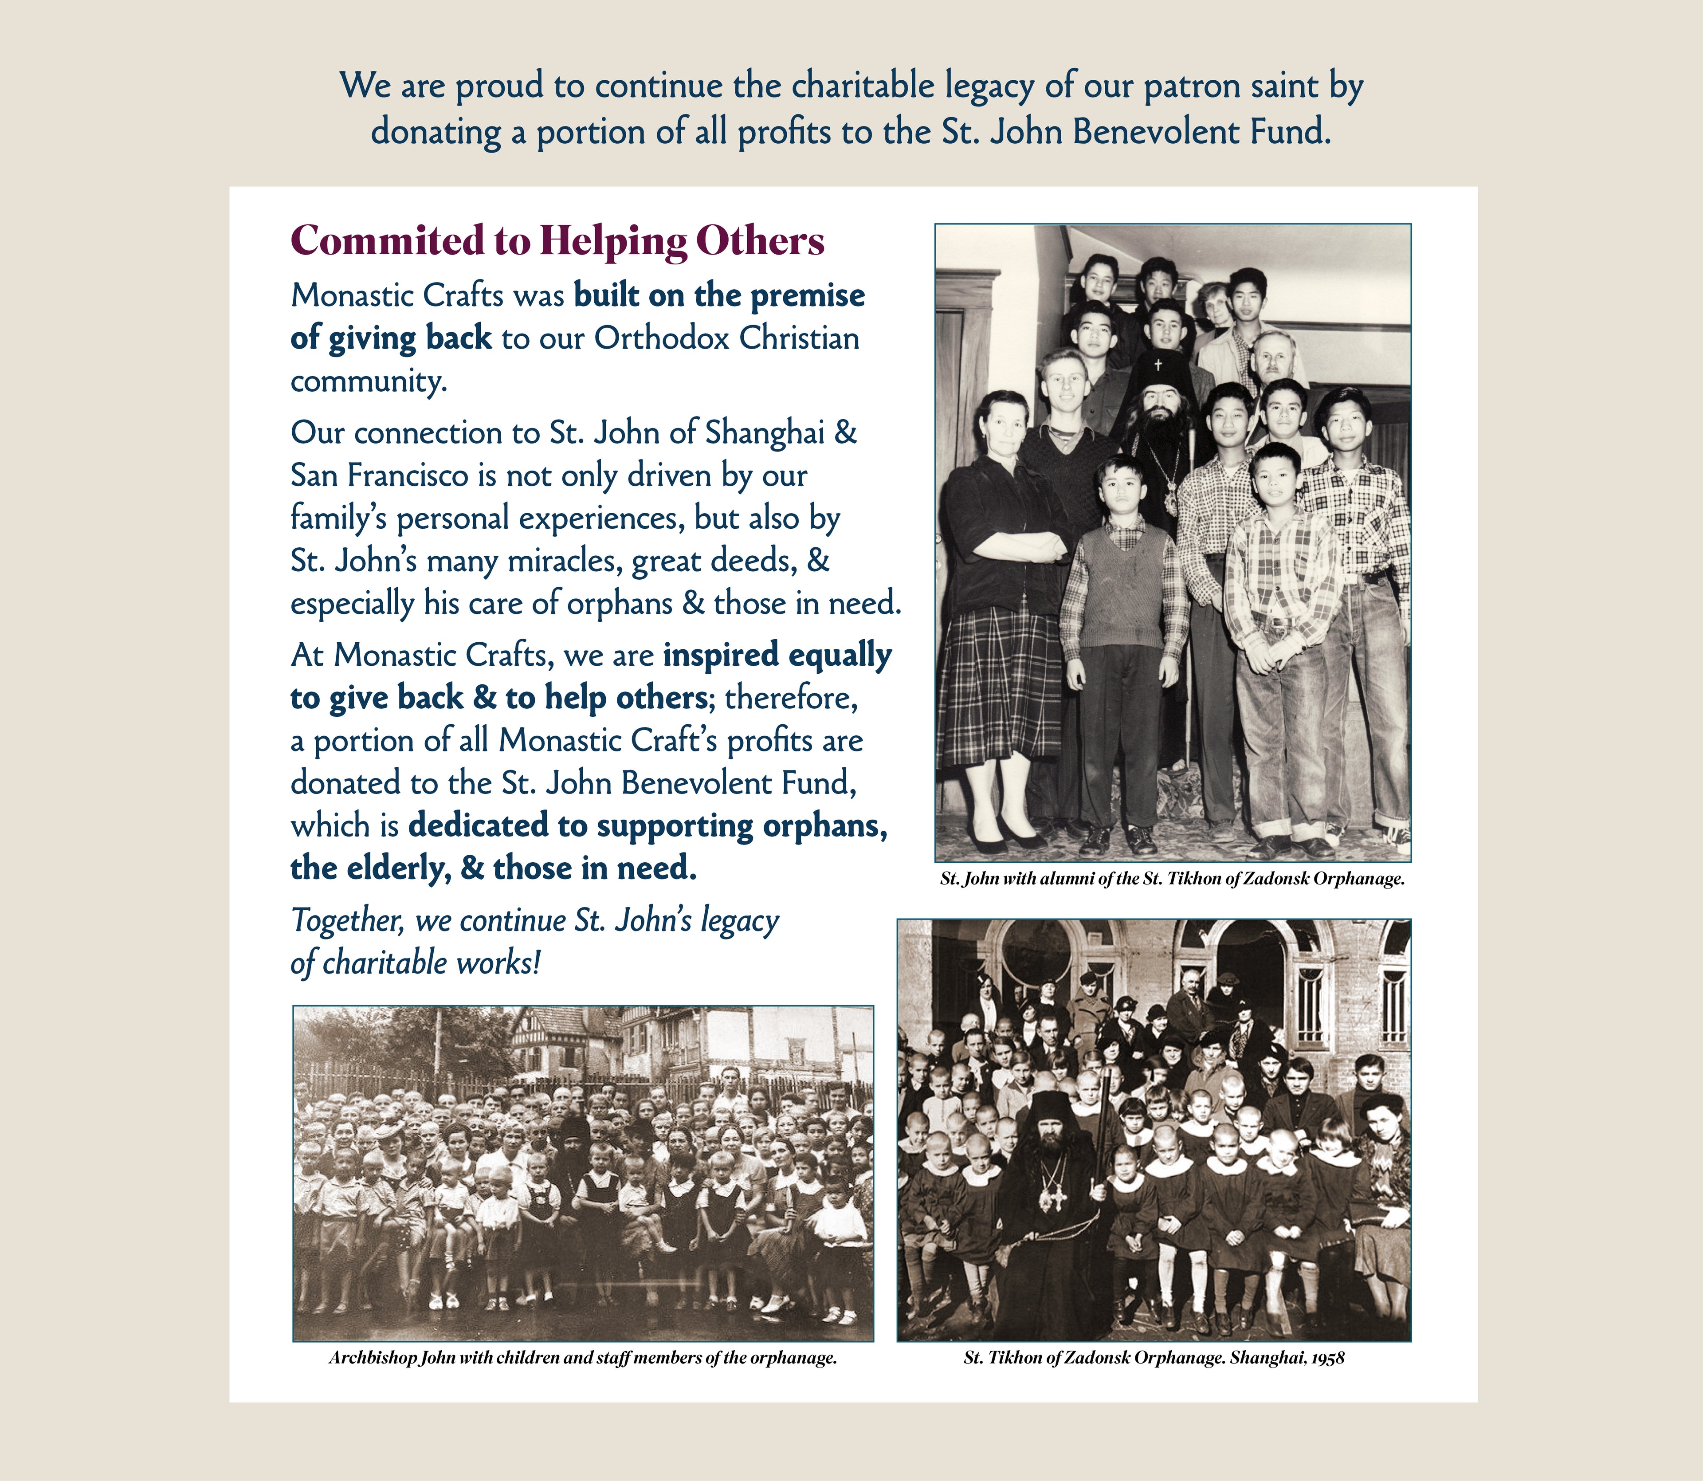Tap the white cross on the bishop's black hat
(x=1158, y=364)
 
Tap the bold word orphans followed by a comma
(x=824, y=825)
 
